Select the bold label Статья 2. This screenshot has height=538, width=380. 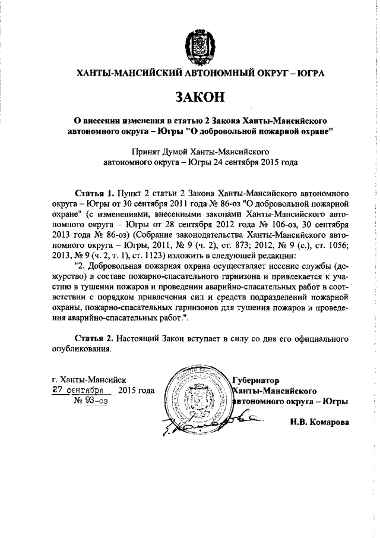pyautogui.click(x=96, y=338)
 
